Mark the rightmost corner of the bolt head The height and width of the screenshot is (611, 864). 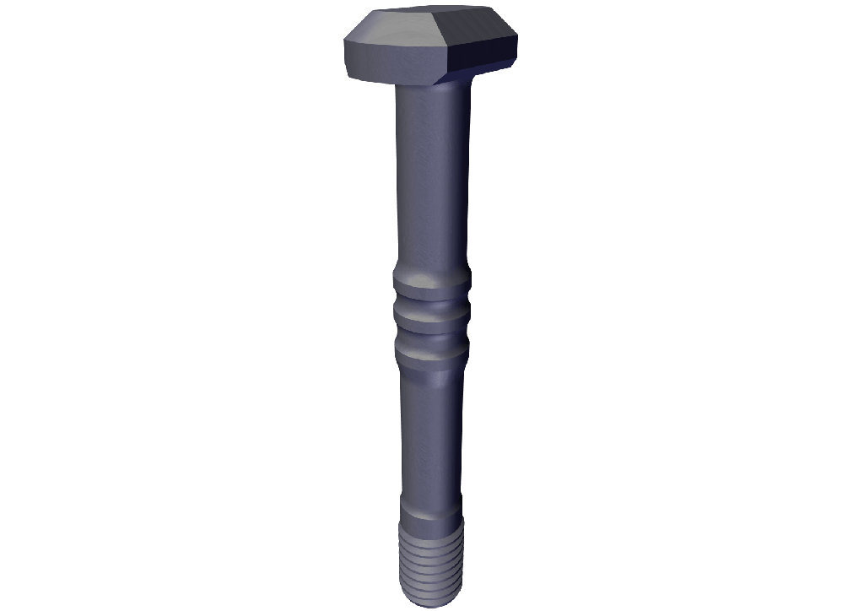pyautogui.click(x=517, y=38)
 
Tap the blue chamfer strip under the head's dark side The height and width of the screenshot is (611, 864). pyautogui.click(x=472, y=74)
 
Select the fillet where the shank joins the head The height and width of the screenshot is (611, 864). pyautogui.click(x=430, y=87)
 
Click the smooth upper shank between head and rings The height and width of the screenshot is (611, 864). pyautogui.click(x=430, y=177)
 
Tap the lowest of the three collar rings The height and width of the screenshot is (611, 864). pyautogui.click(x=430, y=350)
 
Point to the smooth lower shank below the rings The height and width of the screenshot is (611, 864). pyautogui.click(x=430, y=430)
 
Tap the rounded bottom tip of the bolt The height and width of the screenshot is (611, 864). pyautogui.click(x=430, y=597)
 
